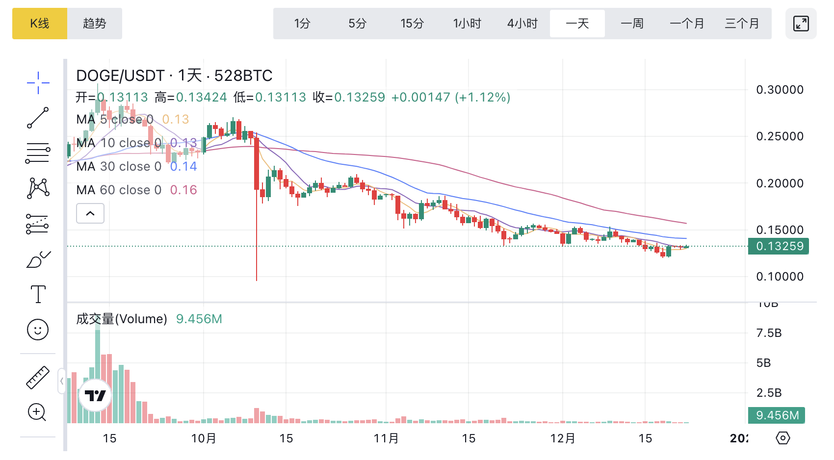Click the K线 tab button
point(40,24)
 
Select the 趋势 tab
point(95,24)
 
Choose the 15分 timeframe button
point(412,24)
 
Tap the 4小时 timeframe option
point(522,24)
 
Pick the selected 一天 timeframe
point(577,24)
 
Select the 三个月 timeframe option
point(742,24)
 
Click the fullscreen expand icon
point(801,24)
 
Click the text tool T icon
point(38,294)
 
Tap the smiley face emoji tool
point(38,330)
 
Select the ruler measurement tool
point(38,378)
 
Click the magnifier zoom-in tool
point(37,412)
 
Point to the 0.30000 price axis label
point(780,90)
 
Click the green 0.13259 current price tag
point(779,246)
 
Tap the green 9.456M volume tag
point(777,415)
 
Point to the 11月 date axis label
point(386,438)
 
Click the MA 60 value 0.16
point(183,190)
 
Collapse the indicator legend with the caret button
point(90,213)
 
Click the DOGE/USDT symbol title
point(120,76)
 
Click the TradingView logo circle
point(95,395)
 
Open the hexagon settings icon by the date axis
point(783,438)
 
